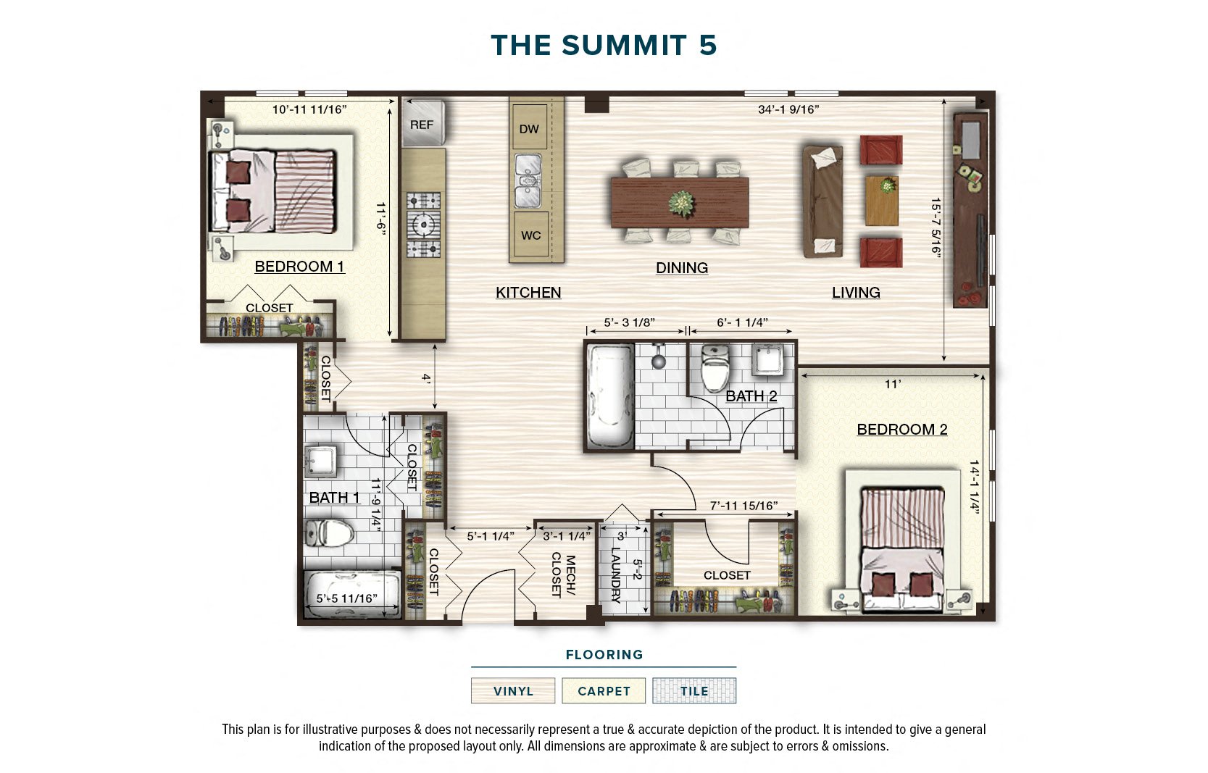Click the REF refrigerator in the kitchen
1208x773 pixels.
coord(422,124)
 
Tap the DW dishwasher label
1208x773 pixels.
coord(529,129)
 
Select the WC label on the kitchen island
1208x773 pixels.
coord(530,235)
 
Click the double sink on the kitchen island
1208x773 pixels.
coord(528,180)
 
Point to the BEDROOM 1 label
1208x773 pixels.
coord(299,267)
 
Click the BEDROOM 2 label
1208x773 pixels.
coord(901,430)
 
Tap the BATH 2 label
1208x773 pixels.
coord(751,396)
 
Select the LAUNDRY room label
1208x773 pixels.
coord(616,574)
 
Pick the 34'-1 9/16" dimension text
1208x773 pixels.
coord(788,110)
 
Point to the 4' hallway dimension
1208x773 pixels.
coord(427,378)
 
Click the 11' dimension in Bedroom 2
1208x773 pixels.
coord(892,384)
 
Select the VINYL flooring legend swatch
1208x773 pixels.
coord(513,690)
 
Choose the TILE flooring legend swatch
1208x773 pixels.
coord(693,690)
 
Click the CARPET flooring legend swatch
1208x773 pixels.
coord(604,690)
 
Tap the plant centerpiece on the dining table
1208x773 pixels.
coord(681,203)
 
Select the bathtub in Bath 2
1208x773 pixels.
coord(609,396)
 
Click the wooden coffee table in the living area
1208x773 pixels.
coord(882,200)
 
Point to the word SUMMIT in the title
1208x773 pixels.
coord(624,45)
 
